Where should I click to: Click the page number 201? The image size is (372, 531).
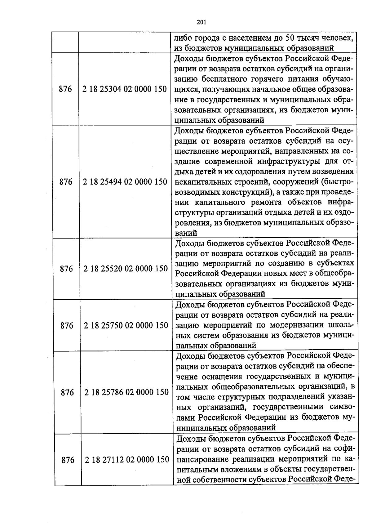[x=201, y=22]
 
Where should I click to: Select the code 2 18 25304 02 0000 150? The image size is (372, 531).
[x=125, y=89]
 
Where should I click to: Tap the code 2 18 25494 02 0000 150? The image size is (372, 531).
[x=125, y=182]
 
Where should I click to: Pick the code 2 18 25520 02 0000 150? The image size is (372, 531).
[x=126, y=269]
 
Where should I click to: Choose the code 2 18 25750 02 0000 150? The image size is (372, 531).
[x=126, y=326]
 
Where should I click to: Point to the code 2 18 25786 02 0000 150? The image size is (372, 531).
[x=126, y=392]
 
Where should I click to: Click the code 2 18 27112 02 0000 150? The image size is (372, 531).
[x=127, y=460]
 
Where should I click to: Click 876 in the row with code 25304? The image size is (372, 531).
[x=65, y=89]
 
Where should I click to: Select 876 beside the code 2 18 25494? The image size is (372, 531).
[x=66, y=182]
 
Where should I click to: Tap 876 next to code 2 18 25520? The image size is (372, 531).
[x=66, y=269]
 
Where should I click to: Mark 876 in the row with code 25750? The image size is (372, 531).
[x=67, y=326]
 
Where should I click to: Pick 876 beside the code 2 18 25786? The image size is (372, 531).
[x=67, y=393]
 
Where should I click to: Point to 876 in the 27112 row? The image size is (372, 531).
[x=68, y=460]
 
